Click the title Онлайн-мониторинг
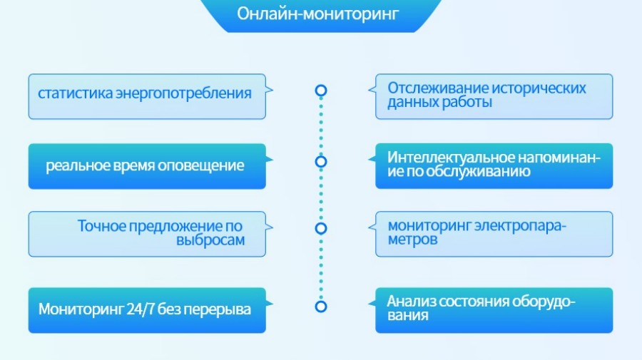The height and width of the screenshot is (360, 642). [x=318, y=14]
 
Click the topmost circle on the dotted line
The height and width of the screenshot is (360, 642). [x=321, y=91]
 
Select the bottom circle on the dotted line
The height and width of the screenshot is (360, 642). [x=321, y=307]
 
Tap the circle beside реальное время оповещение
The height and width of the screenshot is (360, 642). [x=321, y=162]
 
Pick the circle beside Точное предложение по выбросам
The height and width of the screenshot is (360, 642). [x=321, y=229]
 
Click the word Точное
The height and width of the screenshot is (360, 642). [x=101, y=227]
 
